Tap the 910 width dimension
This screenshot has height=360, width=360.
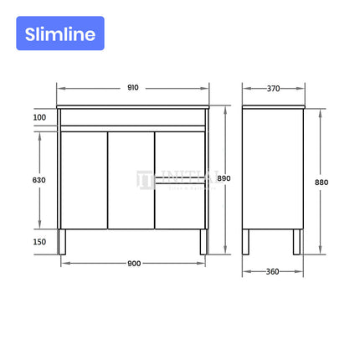pos(132,87)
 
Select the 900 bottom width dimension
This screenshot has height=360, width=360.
pos(133,264)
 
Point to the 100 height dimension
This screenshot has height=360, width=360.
pos(39,117)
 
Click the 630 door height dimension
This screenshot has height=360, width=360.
pos(39,180)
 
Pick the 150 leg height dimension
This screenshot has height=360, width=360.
pos(39,242)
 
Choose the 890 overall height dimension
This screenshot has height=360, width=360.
pos(224,180)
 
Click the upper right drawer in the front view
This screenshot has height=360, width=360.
pos(180,156)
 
